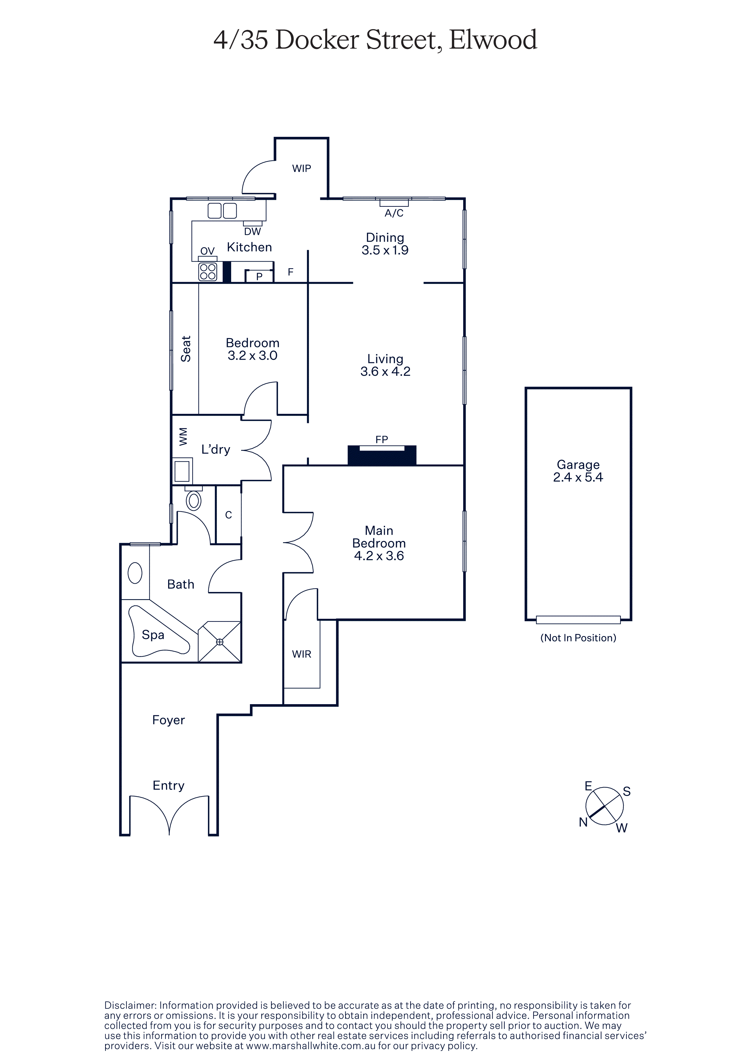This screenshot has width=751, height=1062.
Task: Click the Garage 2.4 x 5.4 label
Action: pyautogui.click(x=578, y=471)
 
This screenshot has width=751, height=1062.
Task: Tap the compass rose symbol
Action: pyautogui.click(x=604, y=806)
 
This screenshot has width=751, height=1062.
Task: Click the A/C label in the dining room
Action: pyautogui.click(x=394, y=213)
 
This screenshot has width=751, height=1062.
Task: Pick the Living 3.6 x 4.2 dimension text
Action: pyautogui.click(x=385, y=365)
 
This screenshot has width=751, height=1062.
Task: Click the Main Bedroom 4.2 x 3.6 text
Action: pyautogui.click(x=379, y=543)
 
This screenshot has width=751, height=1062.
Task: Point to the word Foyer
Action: pyautogui.click(x=168, y=720)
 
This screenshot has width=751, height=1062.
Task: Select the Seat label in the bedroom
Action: pyautogui.click(x=185, y=349)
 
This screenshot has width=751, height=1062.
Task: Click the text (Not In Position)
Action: pyautogui.click(x=578, y=638)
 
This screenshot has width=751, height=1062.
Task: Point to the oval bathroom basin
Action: pyautogui.click(x=135, y=573)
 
